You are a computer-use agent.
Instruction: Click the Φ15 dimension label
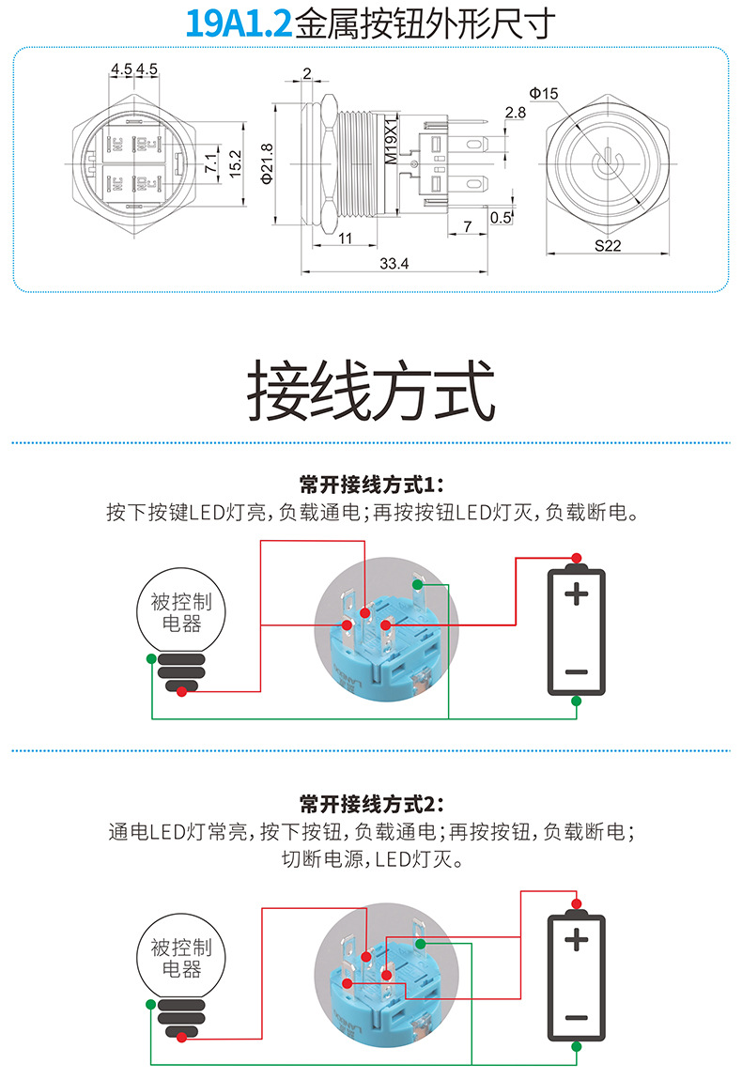[x=544, y=93]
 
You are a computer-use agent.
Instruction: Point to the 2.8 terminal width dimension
[x=515, y=113]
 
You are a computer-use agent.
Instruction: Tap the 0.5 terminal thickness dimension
[x=501, y=218]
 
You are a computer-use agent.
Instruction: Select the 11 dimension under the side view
[x=345, y=239]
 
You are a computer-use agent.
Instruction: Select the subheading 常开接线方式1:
[x=370, y=485]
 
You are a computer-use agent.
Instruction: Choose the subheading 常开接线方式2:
[x=370, y=804]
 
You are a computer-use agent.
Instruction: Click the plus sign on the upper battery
[x=577, y=593]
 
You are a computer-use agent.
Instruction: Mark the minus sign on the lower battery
[x=577, y=1018]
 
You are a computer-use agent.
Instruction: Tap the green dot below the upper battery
[x=577, y=701]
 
